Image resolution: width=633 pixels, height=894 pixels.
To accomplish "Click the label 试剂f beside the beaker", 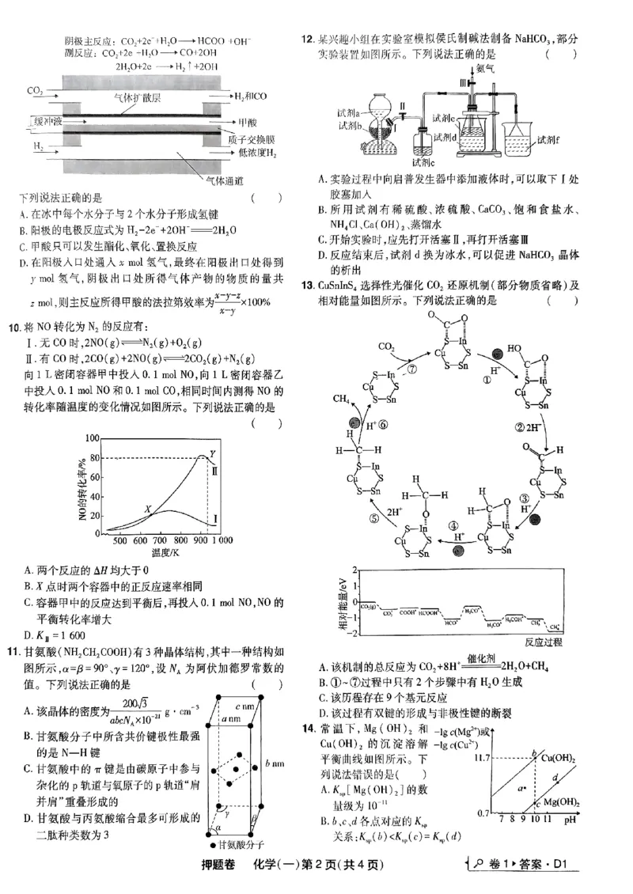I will [547, 140].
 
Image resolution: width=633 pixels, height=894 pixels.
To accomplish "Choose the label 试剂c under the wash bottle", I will [427, 162].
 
